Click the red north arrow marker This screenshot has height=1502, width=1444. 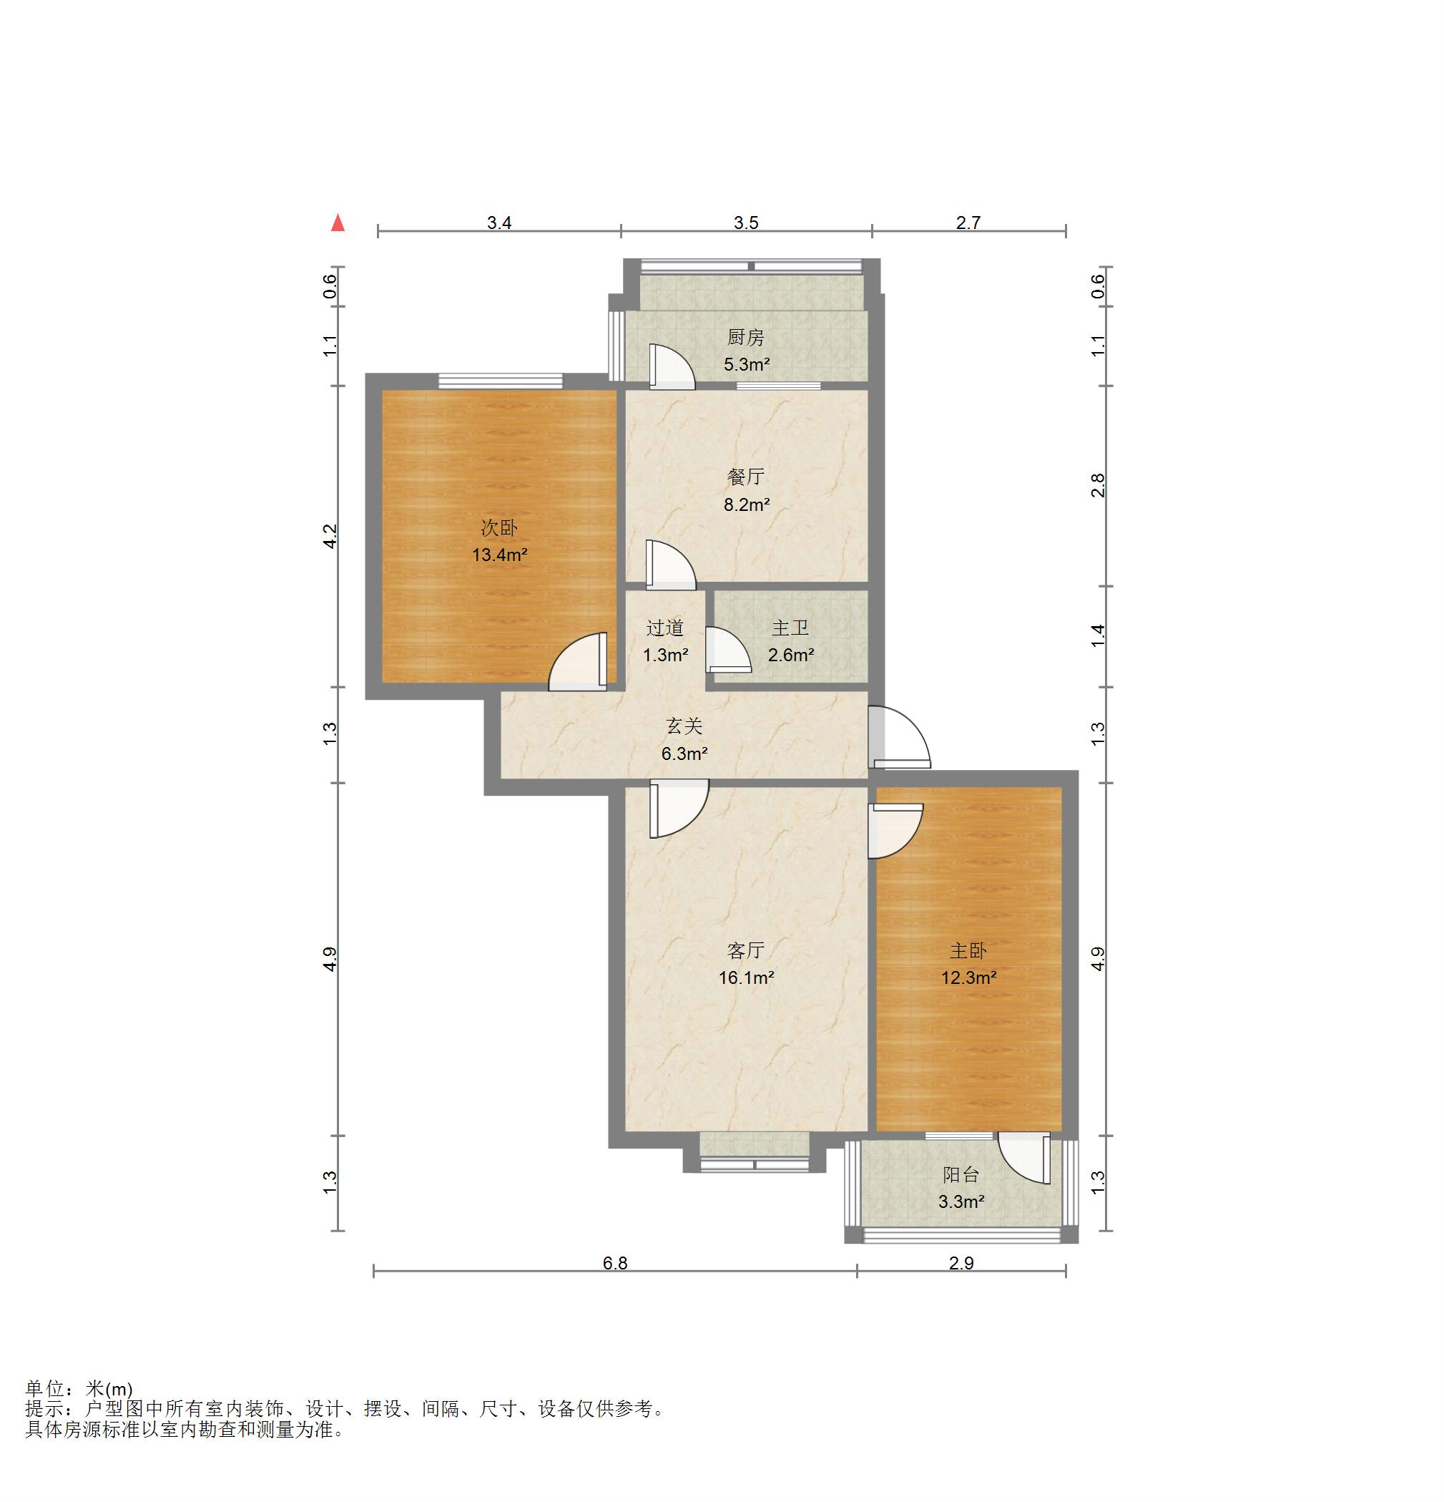click(x=337, y=223)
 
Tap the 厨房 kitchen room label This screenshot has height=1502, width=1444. click(x=745, y=337)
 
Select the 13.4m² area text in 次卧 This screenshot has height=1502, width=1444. click(x=499, y=555)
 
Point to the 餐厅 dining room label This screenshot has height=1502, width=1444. click(x=746, y=477)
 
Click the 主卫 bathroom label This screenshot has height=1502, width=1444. click(x=790, y=628)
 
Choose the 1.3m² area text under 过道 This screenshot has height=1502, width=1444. click(x=665, y=655)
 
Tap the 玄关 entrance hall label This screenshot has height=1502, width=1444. click(x=684, y=726)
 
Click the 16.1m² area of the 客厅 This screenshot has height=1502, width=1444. click(x=746, y=977)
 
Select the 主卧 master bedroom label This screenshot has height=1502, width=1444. click(x=968, y=951)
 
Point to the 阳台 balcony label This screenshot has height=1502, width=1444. click(x=961, y=1175)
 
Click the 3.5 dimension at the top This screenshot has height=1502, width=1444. click(x=746, y=223)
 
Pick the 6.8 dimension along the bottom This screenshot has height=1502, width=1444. click(x=615, y=1263)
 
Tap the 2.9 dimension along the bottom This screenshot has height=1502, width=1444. click(x=961, y=1263)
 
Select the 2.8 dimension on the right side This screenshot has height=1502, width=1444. click(x=1099, y=486)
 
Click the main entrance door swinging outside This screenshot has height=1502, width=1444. click(x=899, y=737)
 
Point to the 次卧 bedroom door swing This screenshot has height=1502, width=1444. click(x=578, y=661)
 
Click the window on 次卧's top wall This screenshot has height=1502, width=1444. click(x=500, y=381)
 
